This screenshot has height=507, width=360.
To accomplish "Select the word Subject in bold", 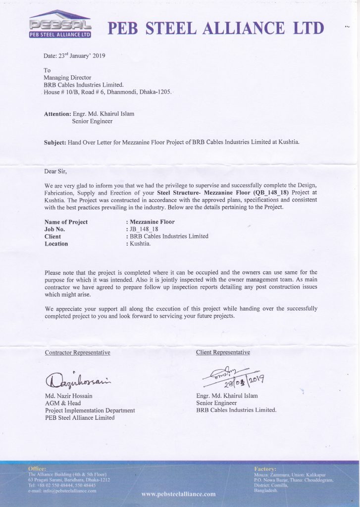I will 55,142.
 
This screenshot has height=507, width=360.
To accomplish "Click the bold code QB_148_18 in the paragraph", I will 272,192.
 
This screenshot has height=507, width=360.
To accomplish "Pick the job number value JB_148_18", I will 145,229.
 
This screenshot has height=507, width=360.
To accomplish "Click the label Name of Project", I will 66,222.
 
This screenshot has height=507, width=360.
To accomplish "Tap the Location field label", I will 56,244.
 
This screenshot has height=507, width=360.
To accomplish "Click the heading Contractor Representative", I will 77,353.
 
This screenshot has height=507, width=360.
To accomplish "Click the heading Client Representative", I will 223,353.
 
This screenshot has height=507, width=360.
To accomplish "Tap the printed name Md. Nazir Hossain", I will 69,396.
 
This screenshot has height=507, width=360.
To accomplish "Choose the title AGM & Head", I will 62,403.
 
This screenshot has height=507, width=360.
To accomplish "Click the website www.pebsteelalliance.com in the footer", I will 178,494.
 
